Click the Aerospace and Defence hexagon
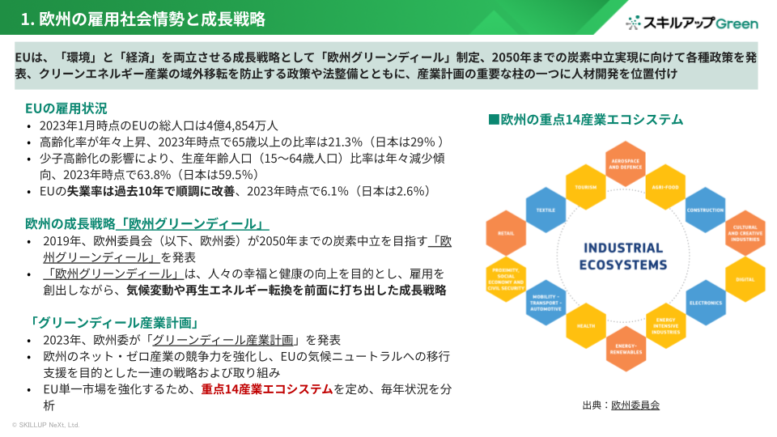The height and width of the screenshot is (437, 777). (625, 166)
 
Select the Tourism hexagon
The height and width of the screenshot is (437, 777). (585, 187)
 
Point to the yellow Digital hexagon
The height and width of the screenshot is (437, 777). (745, 279)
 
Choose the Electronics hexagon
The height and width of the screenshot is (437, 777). (705, 303)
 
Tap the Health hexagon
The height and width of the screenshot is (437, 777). (585, 326)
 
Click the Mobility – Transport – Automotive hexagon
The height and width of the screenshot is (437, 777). (546, 303)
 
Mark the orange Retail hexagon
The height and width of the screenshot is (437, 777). (506, 233)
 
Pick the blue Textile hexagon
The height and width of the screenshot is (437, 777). (546, 210)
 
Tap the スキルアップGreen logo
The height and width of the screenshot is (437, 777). (693, 23)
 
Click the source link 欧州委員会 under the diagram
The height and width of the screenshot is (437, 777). (635, 405)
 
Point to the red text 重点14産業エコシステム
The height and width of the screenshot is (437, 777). (267, 389)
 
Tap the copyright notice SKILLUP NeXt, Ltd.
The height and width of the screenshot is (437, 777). (45, 425)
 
